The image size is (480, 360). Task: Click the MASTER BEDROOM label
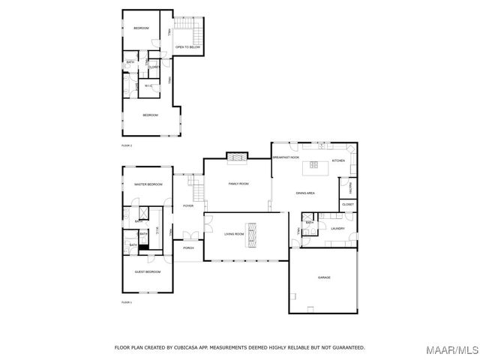click(x=148, y=184)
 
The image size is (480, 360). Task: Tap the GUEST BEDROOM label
click(x=148, y=271)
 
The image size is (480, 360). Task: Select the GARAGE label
click(x=324, y=277)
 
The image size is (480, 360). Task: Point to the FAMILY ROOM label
click(x=238, y=184)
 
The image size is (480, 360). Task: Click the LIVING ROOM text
click(x=234, y=234)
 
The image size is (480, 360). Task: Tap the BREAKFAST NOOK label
click(x=286, y=157)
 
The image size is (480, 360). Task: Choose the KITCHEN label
click(x=338, y=160)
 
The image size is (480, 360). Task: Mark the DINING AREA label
click(x=304, y=193)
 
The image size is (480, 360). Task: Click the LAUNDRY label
click(x=337, y=228)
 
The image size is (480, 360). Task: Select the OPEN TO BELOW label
click(x=187, y=47)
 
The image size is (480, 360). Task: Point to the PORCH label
click(x=188, y=247)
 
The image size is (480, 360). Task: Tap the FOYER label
click(x=188, y=205)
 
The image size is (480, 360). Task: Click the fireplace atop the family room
click(x=237, y=157)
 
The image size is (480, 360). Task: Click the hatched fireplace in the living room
click(x=254, y=235)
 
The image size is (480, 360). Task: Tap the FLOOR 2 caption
click(x=127, y=145)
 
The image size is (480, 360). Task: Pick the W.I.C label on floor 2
click(x=148, y=86)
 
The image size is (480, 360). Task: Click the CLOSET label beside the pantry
click(x=348, y=204)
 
